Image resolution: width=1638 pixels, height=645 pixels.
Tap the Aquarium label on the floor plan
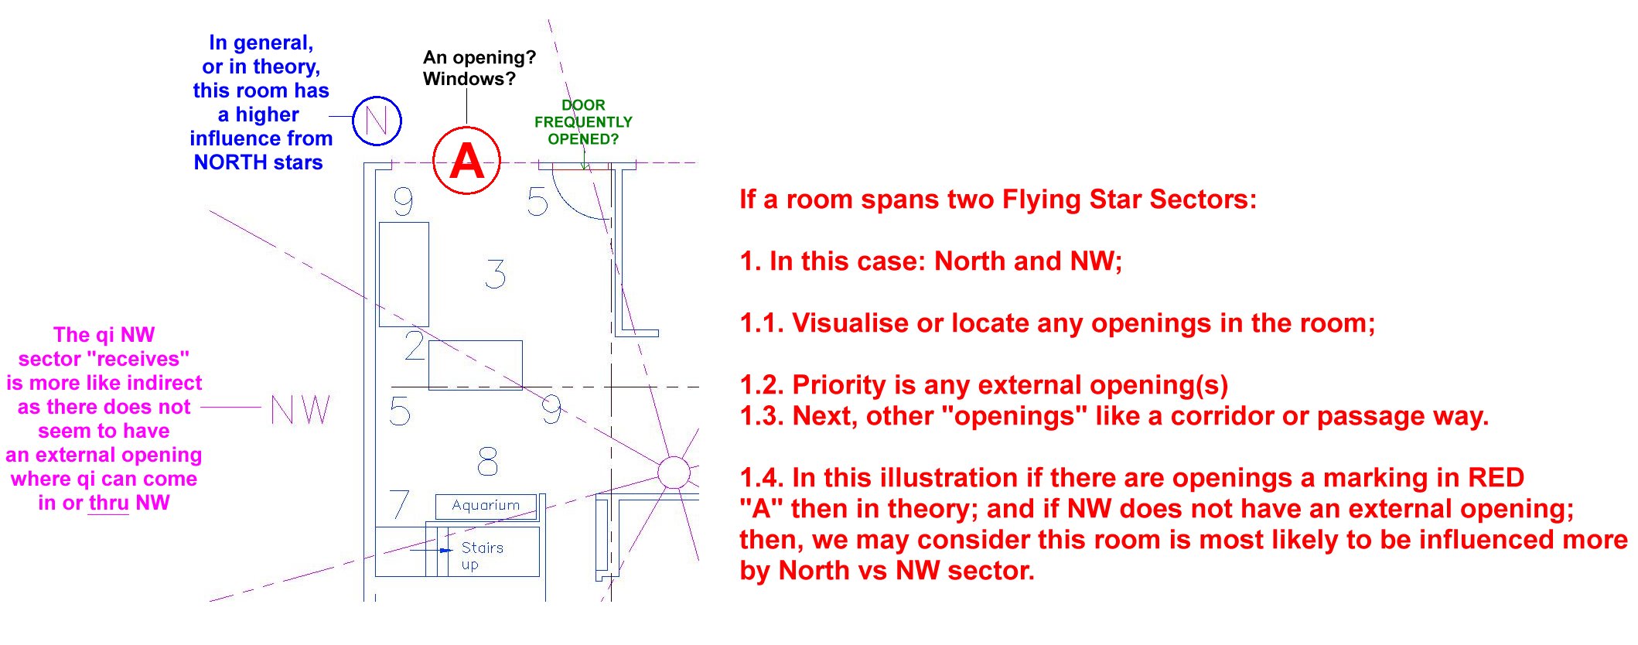(x=486, y=505)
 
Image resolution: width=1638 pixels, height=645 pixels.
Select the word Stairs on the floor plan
(x=483, y=548)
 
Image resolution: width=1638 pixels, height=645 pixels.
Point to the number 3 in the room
(x=496, y=275)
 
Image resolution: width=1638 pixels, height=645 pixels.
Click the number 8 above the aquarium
(x=487, y=462)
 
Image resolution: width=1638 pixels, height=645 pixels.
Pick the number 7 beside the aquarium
(x=399, y=503)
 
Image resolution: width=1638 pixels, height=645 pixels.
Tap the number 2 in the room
(x=415, y=346)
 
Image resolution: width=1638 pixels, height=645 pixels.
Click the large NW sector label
(x=301, y=410)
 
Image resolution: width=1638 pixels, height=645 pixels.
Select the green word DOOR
(x=583, y=105)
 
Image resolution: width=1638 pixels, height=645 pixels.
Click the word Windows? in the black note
(x=469, y=79)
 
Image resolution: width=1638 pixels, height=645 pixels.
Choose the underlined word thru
(x=108, y=503)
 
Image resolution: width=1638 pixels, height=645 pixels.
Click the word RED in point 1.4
(x=1496, y=478)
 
